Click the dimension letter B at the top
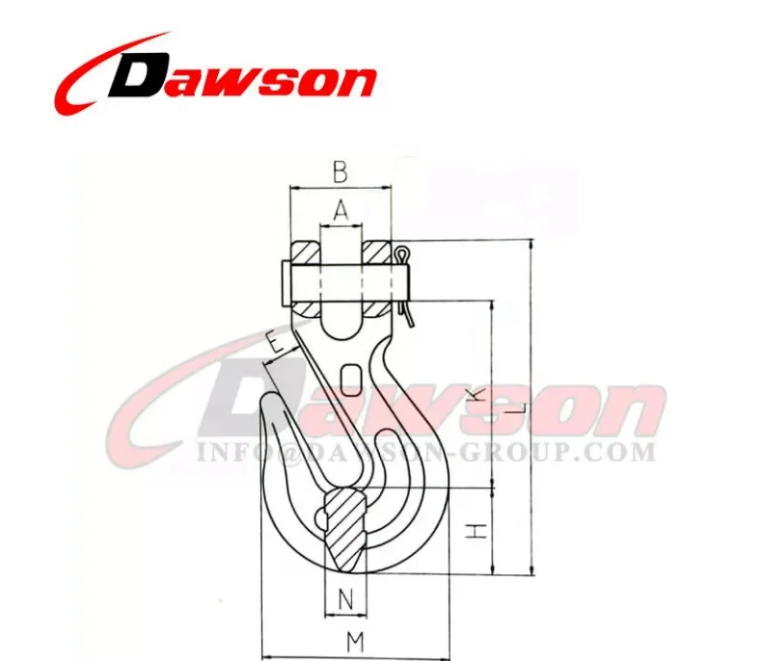point(340,173)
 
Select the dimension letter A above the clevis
point(341,208)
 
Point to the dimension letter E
point(275,341)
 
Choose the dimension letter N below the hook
point(345,599)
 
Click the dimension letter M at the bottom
point(355,640)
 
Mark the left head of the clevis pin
point(283,279)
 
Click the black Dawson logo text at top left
point(241,76)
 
